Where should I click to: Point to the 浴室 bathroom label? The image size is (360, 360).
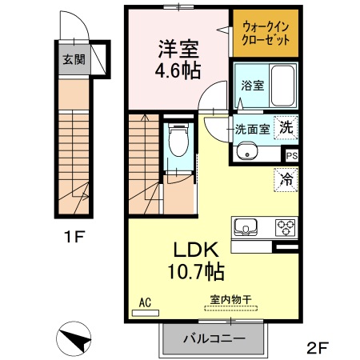point(253,86)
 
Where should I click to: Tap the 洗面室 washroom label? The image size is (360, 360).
point(252,127)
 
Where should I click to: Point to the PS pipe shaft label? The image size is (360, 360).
point(292,157)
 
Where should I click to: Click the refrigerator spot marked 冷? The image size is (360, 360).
point(286,179)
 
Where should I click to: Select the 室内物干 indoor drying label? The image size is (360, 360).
point(230,300)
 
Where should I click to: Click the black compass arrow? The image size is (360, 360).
point(74,338)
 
